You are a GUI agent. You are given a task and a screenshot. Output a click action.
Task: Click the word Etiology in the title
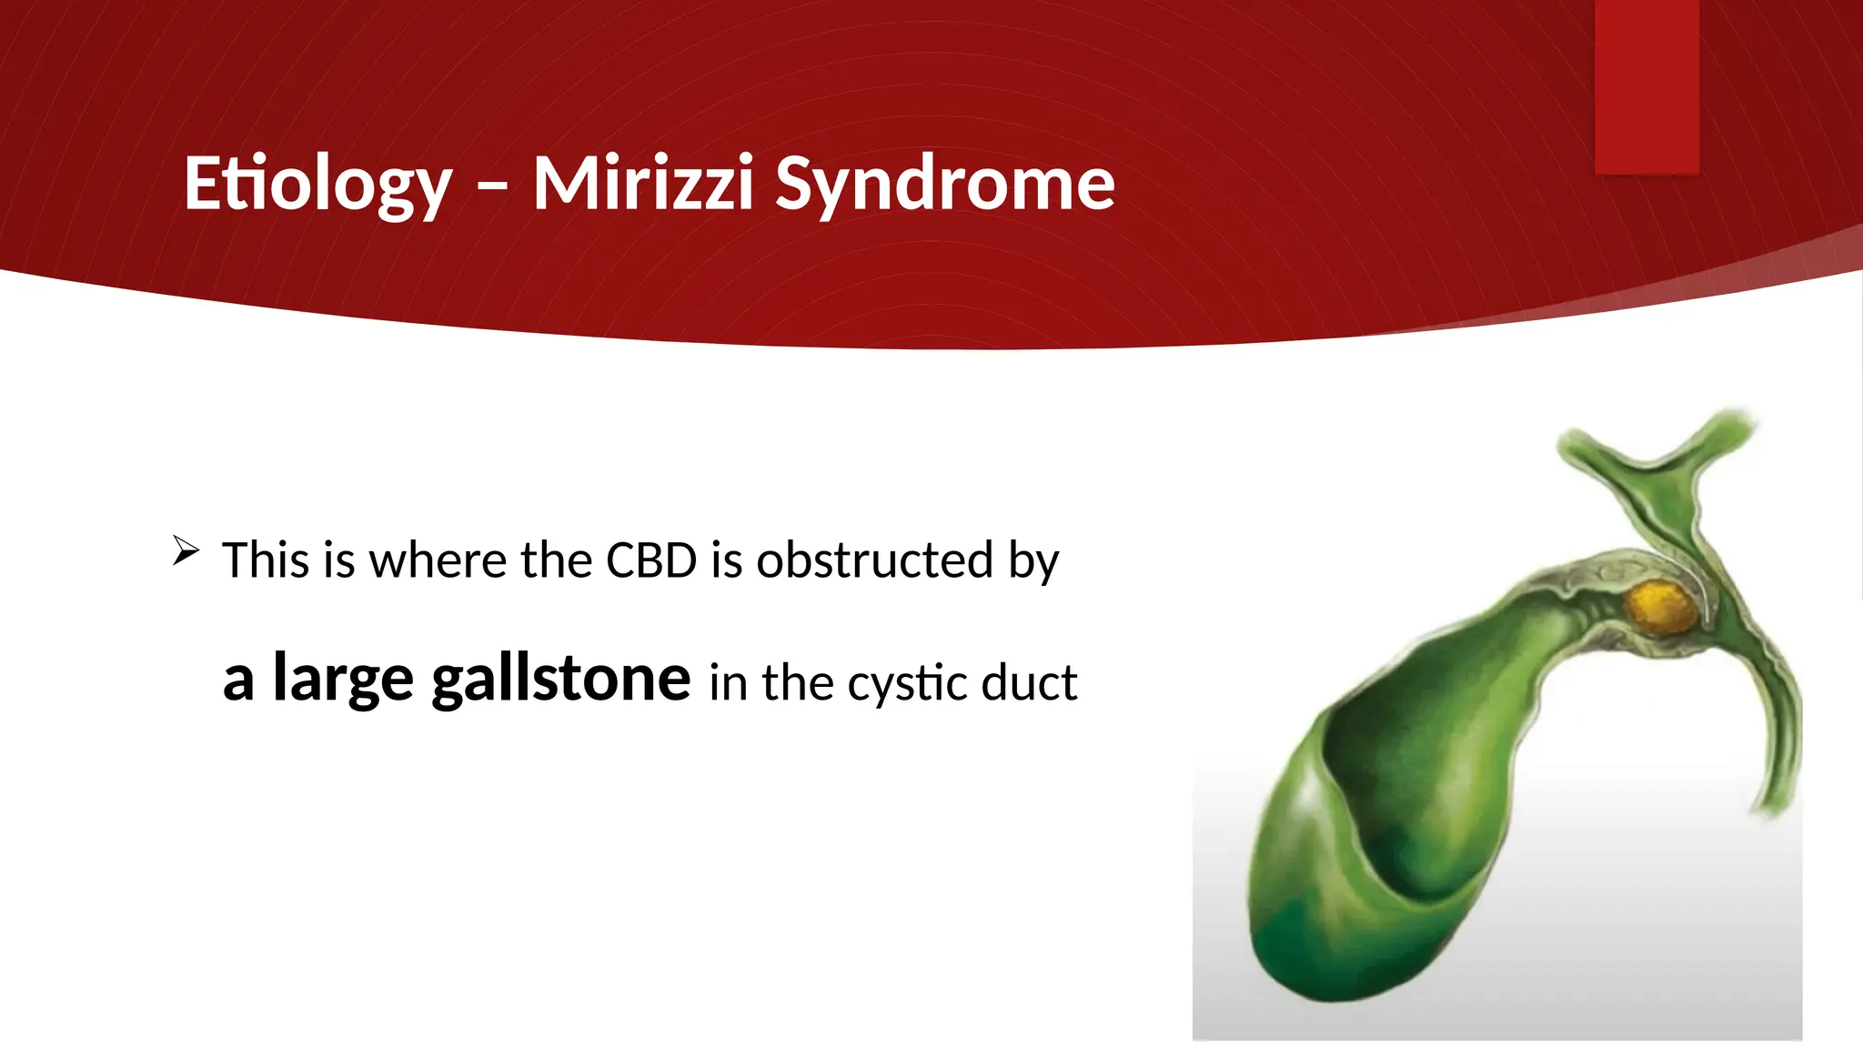coord(317,185)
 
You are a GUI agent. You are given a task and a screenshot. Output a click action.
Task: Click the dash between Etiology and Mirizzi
coord(492,187)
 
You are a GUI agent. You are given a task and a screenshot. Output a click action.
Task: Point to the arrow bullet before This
coord(186,551)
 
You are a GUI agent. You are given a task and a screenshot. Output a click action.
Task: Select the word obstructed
coord(874,559)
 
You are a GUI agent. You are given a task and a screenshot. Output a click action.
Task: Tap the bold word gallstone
coord(561,679)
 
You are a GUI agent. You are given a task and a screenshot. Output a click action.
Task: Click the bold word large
coord(343,679)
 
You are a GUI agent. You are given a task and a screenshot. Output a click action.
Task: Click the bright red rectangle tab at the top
coord(1646,86)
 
